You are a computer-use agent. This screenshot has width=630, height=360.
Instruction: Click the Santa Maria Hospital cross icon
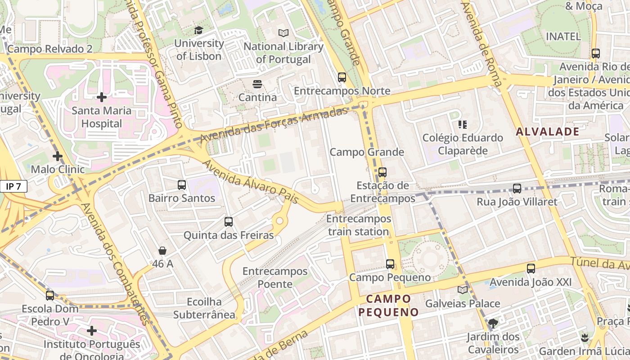(x=102, y=97)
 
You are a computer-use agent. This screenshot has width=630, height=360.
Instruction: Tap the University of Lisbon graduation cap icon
(x=198, y=30)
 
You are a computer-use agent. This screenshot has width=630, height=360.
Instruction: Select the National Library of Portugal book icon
(x=283, y=33)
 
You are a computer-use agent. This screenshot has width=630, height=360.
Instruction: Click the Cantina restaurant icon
(x=257, y=84)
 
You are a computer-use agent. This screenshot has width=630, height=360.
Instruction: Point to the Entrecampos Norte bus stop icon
(x=342, y=77)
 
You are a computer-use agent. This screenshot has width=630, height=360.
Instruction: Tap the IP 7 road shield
(x=13, y=186)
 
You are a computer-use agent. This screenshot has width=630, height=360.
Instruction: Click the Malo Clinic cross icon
(x=57, y=156)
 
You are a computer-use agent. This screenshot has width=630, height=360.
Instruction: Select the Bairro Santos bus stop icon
(x=182, y=184)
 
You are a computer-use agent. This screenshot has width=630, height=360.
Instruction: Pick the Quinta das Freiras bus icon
(x=229, y=221)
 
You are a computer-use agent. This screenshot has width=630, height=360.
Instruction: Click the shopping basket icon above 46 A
(x=162, y=251)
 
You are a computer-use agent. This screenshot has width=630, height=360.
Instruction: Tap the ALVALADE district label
(x=547, y=132)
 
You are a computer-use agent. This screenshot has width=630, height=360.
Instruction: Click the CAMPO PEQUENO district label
(x=389, y=306)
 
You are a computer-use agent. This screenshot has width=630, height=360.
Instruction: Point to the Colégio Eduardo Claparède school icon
(x=462, y=124)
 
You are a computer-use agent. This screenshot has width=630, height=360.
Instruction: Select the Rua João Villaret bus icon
(x=517, y=188)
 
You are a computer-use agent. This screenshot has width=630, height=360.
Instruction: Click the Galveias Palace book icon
(x=462, y=290)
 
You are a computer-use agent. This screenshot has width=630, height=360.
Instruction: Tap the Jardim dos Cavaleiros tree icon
(x=493, y=323)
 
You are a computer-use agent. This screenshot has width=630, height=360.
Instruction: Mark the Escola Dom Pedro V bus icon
(x=50, y=295)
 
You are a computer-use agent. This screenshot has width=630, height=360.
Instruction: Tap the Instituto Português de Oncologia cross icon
(x=92, y=331)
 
